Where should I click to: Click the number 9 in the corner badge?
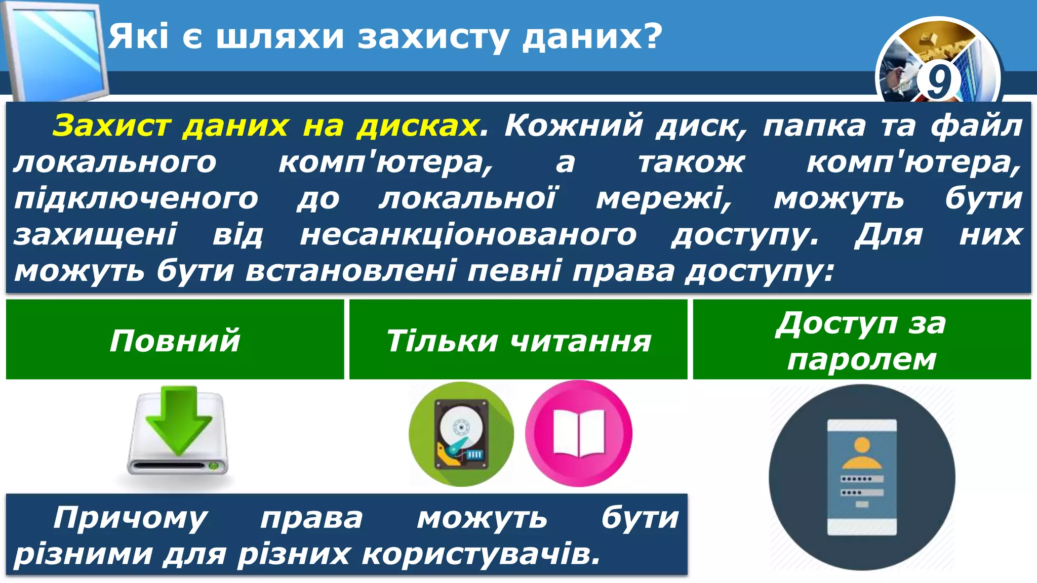pyautogui.click(x=938, y=81)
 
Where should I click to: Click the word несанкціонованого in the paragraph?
pyautogui.click(x=468, y=235)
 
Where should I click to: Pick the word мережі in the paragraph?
pyautogui.click(x=664, y=198)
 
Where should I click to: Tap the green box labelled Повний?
pyautogui.click(x=175, y=340)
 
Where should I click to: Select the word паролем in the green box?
pyautogui.click(x=861, y=360)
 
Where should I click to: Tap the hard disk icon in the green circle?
pyautogui.click(x=461, y=434)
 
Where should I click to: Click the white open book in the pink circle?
pyautogui.click(x=579, y=433)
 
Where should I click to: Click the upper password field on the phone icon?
pyautogui.click(x=862, y=479)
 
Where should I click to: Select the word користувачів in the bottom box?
pyautogui.click(x=481, y=554)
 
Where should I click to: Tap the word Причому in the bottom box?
pyautogui.click(x=130, y=518)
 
